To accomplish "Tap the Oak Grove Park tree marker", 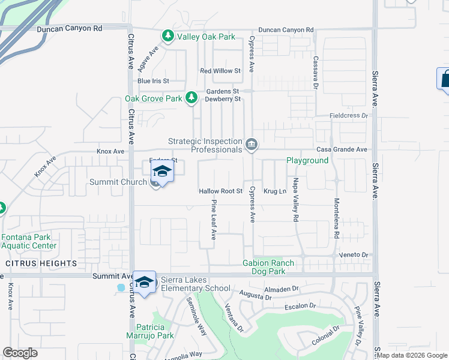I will [x=191, y=97].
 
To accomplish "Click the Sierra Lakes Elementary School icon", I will [x=144, y=283].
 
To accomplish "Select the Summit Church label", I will [x=118, y=182].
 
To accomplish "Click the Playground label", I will [x=307, y=161].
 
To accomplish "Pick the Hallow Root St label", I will [x=220, y=191].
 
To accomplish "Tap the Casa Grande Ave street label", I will [x=342, y=149].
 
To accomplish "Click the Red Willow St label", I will [x=220, y=71].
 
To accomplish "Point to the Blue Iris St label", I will [x=153, y=81].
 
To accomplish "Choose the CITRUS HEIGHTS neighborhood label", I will [x=41, y=263].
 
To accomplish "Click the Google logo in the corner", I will [x=20, y=353].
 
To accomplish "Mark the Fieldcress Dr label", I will [x=348, y=115].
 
